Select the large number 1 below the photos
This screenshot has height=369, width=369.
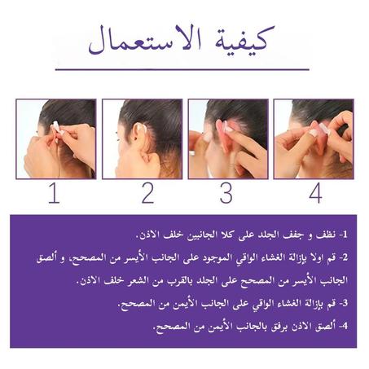tap(54, 195)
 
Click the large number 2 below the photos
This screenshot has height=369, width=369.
tap(147, 195)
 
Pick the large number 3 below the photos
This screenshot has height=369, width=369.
tap(226, 195)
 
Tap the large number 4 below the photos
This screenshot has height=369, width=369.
tap(314, 195)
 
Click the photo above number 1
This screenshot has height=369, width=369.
tap(55, 138)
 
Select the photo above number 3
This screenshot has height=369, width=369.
tap(227, 138)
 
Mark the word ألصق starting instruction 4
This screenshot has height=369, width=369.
tap(322, 327)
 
